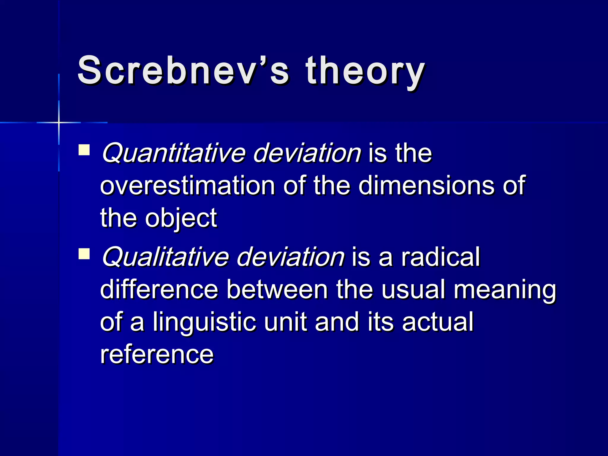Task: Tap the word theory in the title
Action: pyautogui.click(x=365, y=71)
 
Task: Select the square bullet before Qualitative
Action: pyautogui.click(x=84, y=254)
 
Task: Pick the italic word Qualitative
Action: pyautogui.click(x=165, y=257)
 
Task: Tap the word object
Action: pyautogui.click(x=181, y=218)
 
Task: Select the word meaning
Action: pyautogui.click(x=505, y=290)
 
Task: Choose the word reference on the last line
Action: pyautogui.click(x=157, y=354)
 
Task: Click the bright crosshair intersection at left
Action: pyautogui.click(x=59, y=122)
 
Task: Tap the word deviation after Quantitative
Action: pyautogui.click(x=307, y=153)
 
